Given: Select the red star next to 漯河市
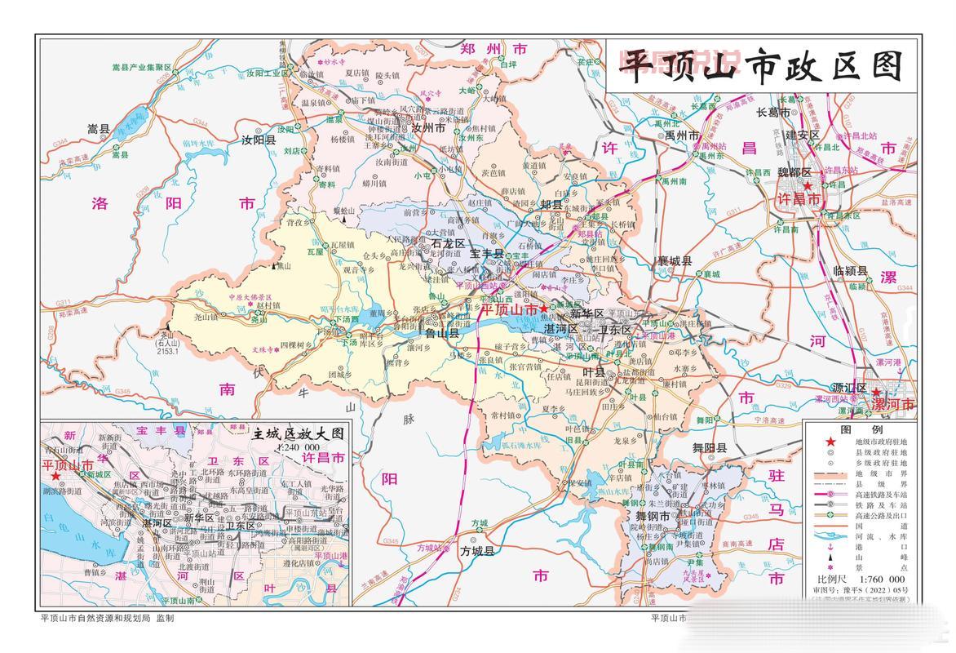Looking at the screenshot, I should (875, 392).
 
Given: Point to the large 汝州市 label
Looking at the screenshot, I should (427, 129).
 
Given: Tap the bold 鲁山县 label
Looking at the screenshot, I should (443, 333).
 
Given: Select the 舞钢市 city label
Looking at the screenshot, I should (653, 518).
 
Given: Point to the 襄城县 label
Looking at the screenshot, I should (675, 262).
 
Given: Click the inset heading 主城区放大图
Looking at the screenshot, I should (299, 433).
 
